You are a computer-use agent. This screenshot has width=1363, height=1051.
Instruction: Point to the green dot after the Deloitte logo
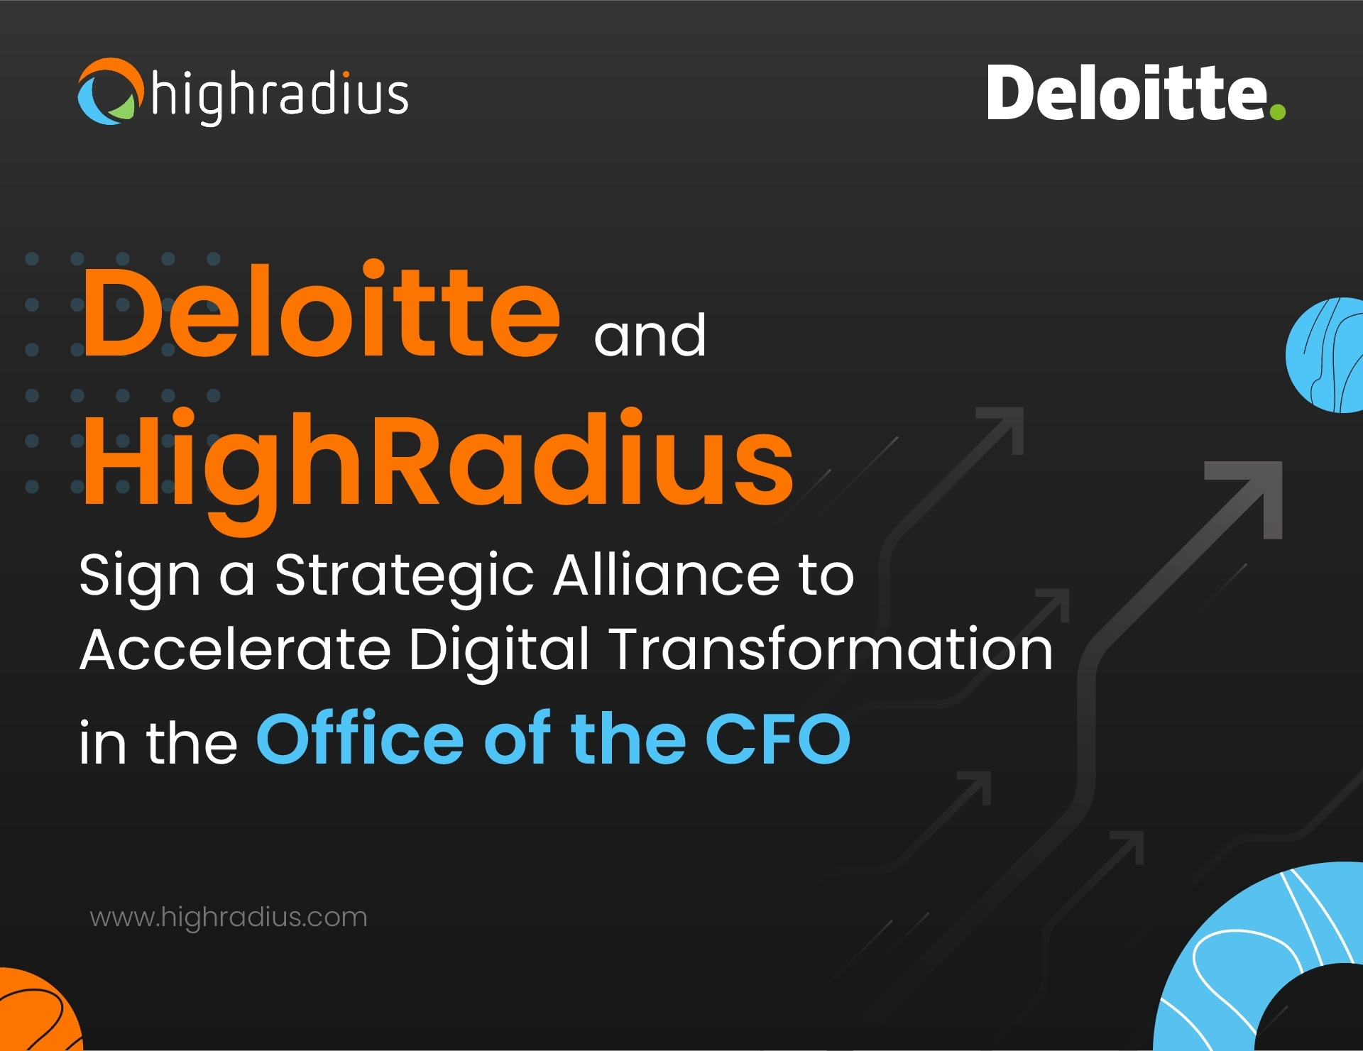click(x=1277, y=111)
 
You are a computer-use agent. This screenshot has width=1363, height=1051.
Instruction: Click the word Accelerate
click(x=236, y=649)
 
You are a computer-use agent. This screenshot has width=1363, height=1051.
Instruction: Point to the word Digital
click(x=498, y=652)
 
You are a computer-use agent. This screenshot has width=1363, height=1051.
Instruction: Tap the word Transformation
click(x=831, y=649)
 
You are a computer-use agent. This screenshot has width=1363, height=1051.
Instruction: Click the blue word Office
click(x=360, y=738)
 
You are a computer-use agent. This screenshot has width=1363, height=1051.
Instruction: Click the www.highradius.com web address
click(x=229, y=917)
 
